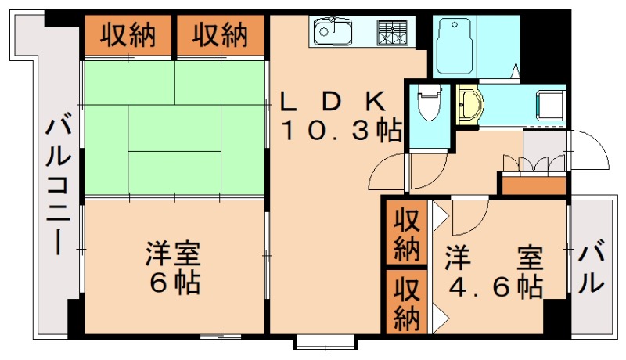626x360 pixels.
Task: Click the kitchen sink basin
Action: point(334,32)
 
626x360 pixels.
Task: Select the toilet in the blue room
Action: point(427,102)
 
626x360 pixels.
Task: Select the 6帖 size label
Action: point(174,282)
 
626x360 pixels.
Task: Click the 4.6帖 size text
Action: point(495,287)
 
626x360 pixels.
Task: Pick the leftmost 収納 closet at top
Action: point(127,34)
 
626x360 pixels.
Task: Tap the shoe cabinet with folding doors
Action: point(534,167)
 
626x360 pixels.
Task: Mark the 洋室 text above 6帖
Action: point(174,254)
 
